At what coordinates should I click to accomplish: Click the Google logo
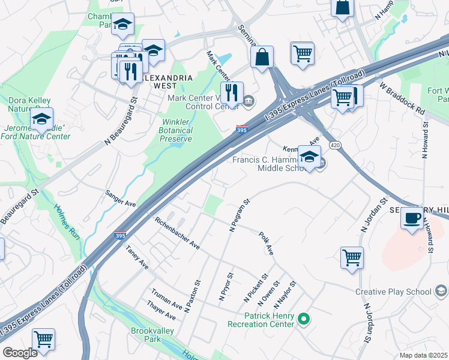20,353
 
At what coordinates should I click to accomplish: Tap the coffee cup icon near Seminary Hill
412,218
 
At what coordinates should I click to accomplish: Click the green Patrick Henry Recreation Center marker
304,319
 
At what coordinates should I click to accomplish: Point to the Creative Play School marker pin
441,292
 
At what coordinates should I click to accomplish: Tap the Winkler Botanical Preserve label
176,130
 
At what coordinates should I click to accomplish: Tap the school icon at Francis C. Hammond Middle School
309,157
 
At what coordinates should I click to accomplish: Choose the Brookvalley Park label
146,335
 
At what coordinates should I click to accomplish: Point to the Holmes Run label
71,222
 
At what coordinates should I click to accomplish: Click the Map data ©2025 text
423,355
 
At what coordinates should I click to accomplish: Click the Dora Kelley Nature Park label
28,104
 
